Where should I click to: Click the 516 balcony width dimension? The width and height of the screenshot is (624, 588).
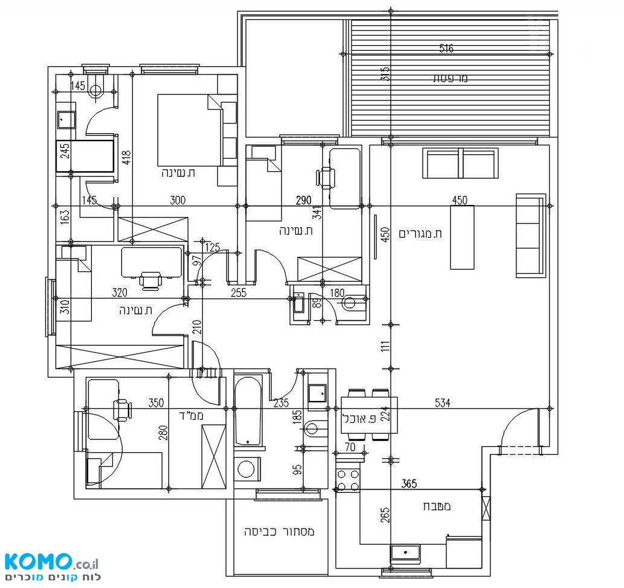pyautogui.click(x=446, y=48)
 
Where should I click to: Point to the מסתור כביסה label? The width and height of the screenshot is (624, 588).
pyautogui.click(x=279, y=531)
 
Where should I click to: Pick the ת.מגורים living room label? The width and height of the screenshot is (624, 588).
pyautogui.click(x=420, y=233)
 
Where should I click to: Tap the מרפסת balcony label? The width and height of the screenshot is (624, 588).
pyautogui.click(x=450, y=78)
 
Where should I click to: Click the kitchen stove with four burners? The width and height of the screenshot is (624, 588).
pyautogui.click(x=348, y=480)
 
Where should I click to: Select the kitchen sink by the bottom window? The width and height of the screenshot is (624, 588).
pyautogui.click(x=405, y=553)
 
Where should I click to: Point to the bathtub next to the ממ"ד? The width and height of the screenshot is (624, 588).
pyautogui.click(x=248, y=411)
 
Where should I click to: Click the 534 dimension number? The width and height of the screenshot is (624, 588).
pyautogui.click(x=442, y=403)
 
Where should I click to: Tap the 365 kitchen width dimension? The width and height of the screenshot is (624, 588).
pyautogui.click(x=409, y=484)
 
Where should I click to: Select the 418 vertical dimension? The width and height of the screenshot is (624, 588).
pyautogui.click(x=126, y=158)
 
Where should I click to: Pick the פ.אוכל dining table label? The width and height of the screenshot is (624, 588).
pyautogui.click(x=359, y=419)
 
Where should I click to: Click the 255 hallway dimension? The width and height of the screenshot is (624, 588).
pyautogui.click(x=239, y=293)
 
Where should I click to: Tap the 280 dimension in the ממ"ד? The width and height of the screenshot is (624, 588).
pyautogui.click(x=163, y=433)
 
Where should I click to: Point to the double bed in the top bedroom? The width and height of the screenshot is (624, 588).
pyautogui.click(x=189, y=130)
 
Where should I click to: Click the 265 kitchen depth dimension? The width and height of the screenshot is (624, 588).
pyautogui.click(x=385, y=515)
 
